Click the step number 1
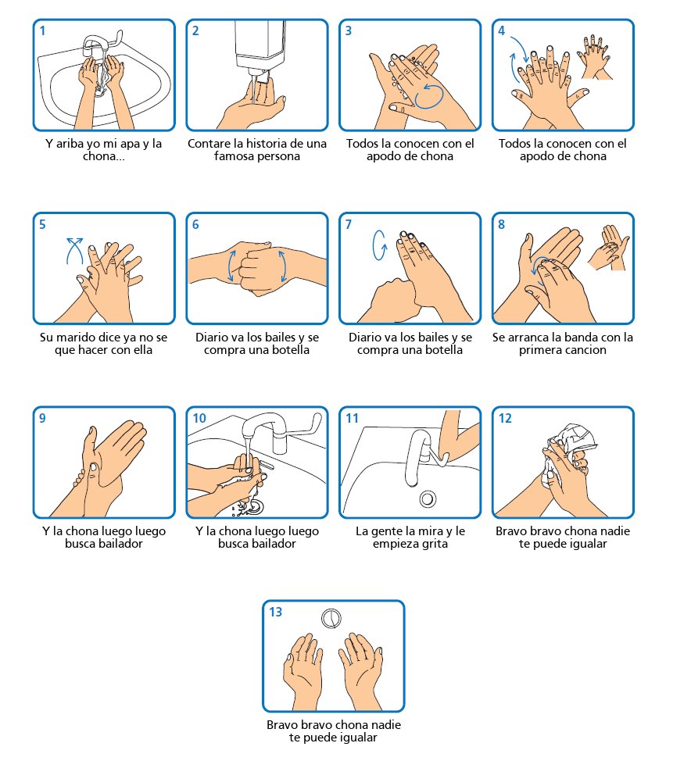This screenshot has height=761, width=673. tap(42, 31)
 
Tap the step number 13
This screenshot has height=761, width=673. tap(276, 612)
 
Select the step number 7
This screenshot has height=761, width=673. tap(348, 225)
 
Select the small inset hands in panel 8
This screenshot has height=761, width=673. tap(608, 248)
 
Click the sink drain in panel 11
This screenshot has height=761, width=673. tap(428, 499)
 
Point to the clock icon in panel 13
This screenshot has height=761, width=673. tap(331, 619)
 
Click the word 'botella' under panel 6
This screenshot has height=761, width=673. tap(288, 350)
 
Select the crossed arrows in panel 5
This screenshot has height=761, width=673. tap(74, 251)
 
